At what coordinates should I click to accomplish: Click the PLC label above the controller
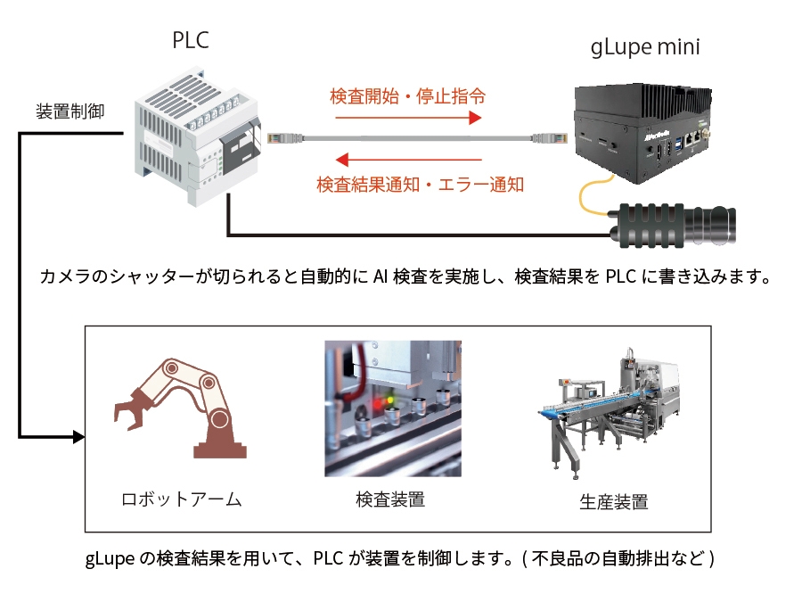pyautogui.click(x=191, y=41)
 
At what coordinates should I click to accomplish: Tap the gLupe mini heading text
pyautogui.click(x=645, y=47)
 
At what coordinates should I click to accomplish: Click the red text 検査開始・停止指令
pyautogui.click(x=407, y=95)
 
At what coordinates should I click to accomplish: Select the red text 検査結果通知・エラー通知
pyautogui.click(x=420, y=185)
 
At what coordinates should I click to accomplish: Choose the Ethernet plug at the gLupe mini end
pyautogui.click(x=549, y=137)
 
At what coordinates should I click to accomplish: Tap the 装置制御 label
pyautogui.click(x=70, y=112)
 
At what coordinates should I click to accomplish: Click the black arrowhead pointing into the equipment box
pyautogui.click(x=78, y=437)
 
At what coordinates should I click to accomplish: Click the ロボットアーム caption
pyautogui.click(x=182, y=499)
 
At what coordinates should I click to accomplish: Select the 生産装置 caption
pyautogui.click(x=613, y=501)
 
